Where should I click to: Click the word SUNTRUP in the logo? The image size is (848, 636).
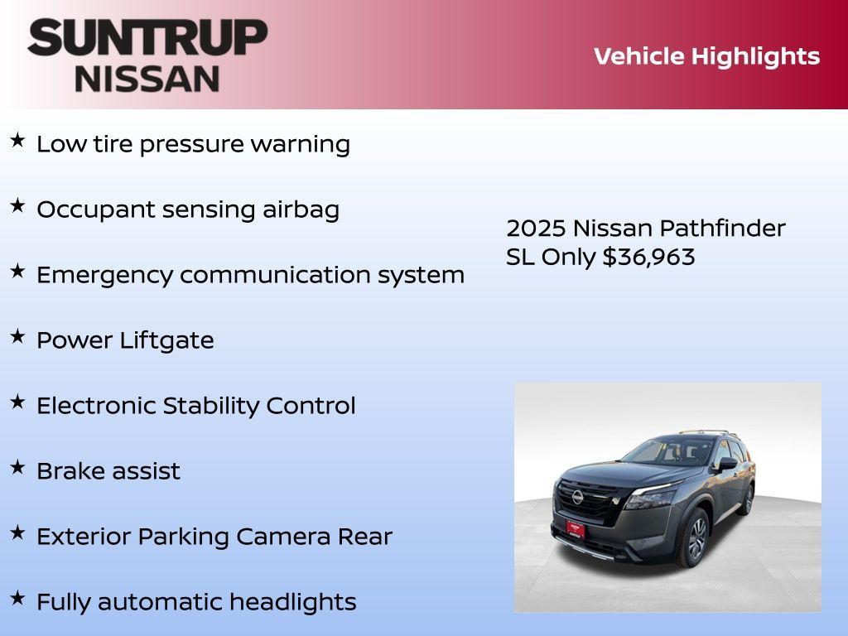[x=147, y=38]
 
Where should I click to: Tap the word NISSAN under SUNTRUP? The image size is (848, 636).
[x=147, y=79]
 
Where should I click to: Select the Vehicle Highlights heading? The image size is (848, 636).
[x=706, y=56]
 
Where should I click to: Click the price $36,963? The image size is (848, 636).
[x=648, y=257]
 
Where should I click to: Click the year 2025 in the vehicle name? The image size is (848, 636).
[x=536, y=229]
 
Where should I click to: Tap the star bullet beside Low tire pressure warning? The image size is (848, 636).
[x=17, y=141]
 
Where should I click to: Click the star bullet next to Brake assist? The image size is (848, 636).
[x=17, y=468]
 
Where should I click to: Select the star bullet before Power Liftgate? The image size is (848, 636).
[x=17, y=337]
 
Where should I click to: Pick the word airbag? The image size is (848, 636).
[x=301, y=210]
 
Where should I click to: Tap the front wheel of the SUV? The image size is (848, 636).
[x=695, y=538]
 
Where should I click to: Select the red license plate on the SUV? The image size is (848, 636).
[x=575, y=528]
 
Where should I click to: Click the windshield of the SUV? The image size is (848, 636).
[x=669, y=452]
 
